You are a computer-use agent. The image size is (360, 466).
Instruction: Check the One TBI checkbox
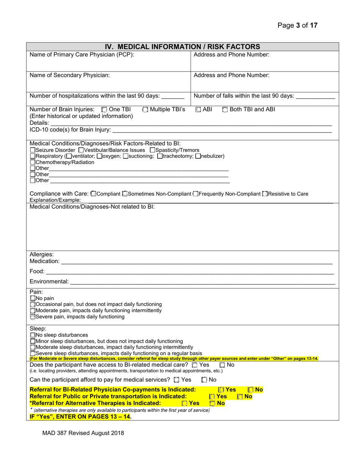(x=105, y=110)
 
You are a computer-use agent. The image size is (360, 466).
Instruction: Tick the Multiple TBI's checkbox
(x=146, y=110)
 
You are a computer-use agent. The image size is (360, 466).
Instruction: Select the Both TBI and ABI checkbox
(x=225, y=110)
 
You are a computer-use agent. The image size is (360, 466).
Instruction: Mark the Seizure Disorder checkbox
(x=32, y=150)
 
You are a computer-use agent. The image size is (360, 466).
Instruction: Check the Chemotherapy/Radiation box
(x=32, y=162)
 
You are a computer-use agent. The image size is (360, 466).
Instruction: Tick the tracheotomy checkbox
(x=160, y=156)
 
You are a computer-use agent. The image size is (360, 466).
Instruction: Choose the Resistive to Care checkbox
(x=265, y=194)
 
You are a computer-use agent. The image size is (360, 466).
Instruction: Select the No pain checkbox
(x=32, y=299)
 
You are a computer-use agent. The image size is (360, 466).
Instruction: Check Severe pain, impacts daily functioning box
(x=32, y=317)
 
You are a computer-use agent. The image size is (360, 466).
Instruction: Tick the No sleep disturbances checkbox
(x=32, y=335)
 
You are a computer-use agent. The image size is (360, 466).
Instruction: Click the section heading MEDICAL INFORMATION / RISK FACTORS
(x=182, y=47)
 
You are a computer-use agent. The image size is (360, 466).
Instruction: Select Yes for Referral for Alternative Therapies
(x=185, y=403)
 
